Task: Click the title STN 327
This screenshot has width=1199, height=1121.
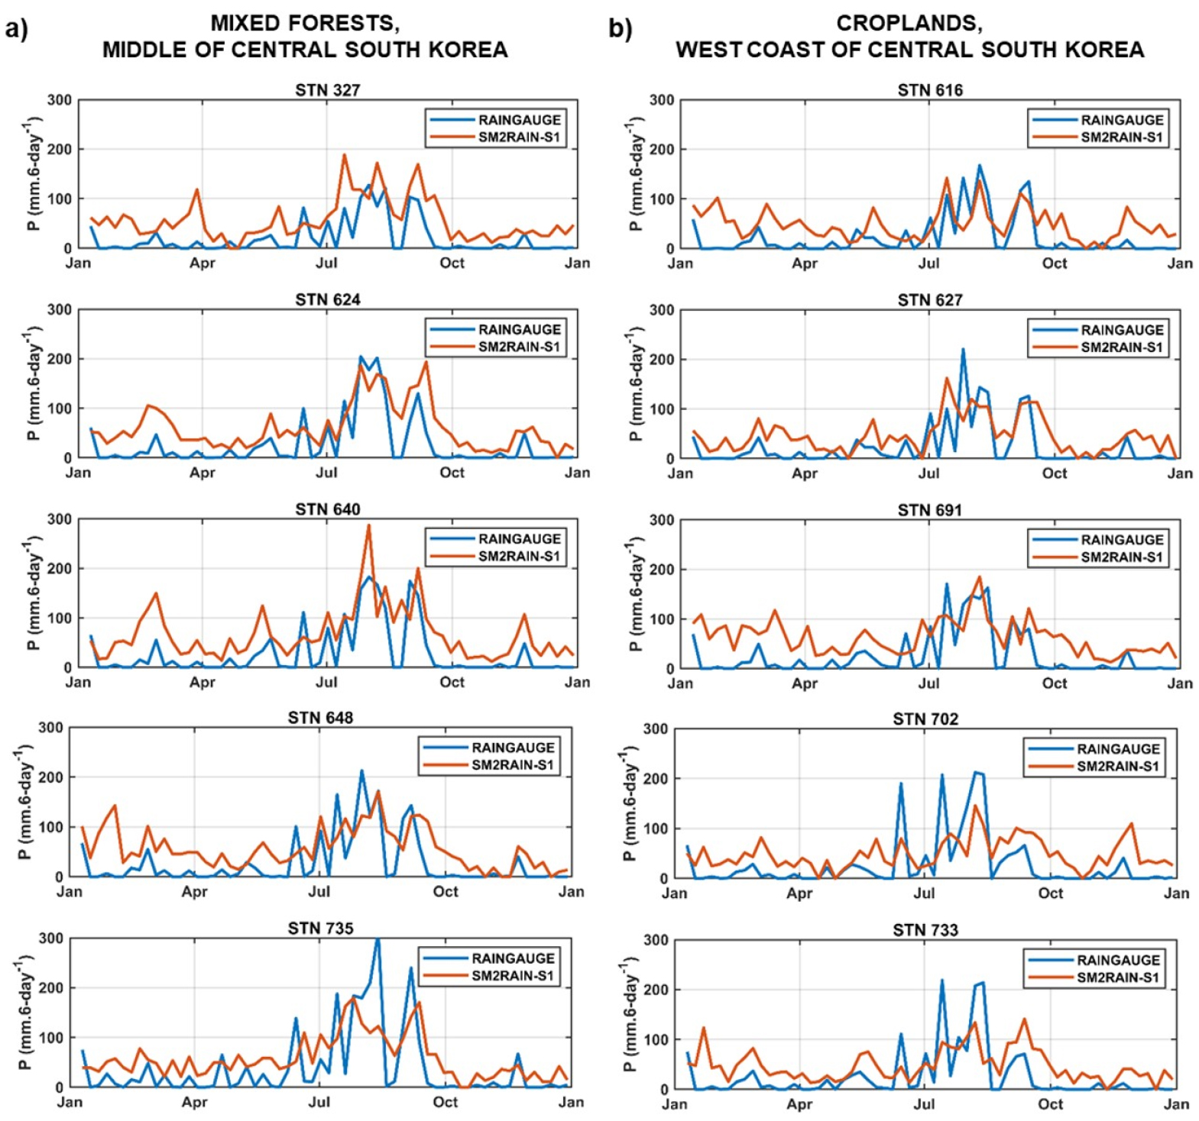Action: coord(328,90)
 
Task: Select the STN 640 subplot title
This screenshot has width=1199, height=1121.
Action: coord(328,509)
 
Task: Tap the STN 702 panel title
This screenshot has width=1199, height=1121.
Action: coord(925,719)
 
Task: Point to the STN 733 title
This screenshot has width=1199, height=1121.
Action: coord(925,930)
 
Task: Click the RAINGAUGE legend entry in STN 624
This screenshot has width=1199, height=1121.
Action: coord(520,330)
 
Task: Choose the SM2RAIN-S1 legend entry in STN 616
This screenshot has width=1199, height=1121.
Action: coord(1122,137)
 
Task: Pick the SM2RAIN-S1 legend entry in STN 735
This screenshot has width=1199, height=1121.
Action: coord(513,976)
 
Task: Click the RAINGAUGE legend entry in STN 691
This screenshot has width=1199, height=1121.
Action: coord(1122,540)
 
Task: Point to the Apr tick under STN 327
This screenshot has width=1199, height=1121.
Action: coord(203,263)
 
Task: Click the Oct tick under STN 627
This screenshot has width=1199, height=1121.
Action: coord(1055,473)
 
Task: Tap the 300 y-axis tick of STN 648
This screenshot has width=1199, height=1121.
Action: coord(50,728)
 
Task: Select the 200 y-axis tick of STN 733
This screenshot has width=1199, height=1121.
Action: coord(656,990)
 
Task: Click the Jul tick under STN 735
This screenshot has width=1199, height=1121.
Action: coord(319,1102)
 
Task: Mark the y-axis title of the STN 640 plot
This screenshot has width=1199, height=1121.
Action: coord(32,593)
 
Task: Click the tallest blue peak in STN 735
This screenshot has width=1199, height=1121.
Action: coord(378,940)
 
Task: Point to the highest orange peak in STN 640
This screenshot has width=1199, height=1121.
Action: coord(368,525)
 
